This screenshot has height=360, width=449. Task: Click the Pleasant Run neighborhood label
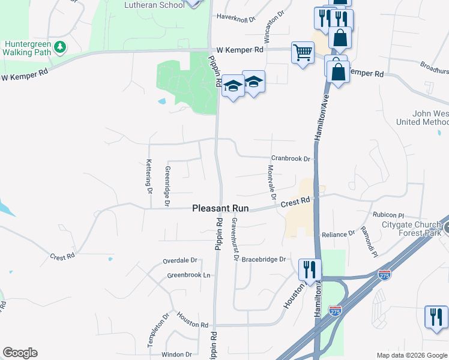click(219, 208)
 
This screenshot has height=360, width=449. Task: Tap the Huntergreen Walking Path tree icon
click(59, 47)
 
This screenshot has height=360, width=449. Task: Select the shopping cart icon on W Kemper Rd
click(303, 53)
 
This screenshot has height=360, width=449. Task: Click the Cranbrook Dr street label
click(291, 159)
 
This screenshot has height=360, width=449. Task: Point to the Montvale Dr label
click(271, 182)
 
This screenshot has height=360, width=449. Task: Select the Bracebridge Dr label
click(265, 260)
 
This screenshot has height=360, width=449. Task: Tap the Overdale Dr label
click(180, 261)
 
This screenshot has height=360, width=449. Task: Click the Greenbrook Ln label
click(189, 275)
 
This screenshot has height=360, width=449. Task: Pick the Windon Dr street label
click(176, 355)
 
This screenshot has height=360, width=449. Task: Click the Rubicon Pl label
click(388, 215)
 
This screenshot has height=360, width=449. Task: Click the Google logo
click(20, 353)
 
